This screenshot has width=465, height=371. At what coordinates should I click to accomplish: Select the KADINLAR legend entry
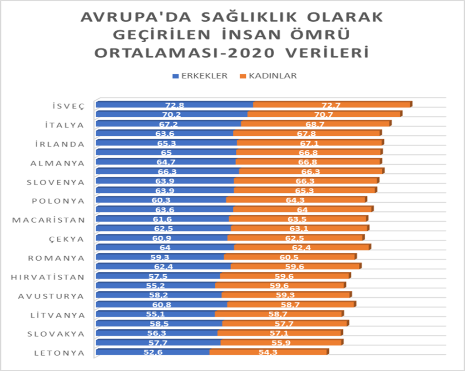[x=269, y=76]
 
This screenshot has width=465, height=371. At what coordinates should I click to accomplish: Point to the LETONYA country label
[x=59, y=353]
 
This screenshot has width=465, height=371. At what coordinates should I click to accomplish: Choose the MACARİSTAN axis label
[x=49, y=220]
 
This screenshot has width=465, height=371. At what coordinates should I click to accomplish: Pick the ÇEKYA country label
[x=66, y=239]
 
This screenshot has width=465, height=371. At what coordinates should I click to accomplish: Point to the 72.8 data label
[x=175, y=105]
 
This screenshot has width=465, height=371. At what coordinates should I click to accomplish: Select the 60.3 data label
[x=161, y=200]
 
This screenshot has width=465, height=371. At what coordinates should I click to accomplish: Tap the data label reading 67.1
[x=310, y=143]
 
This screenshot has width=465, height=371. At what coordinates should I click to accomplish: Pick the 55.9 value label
[x=282, y=343]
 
